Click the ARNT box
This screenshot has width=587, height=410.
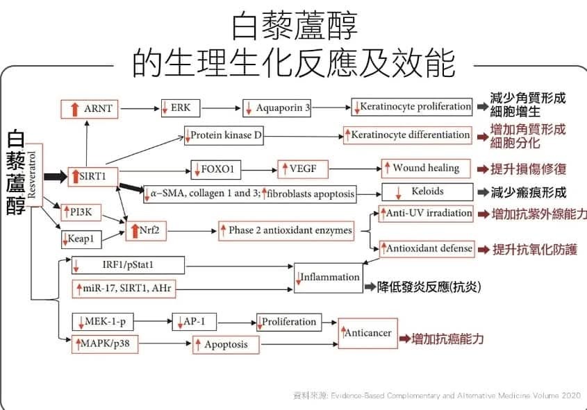90,109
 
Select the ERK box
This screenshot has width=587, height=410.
181,108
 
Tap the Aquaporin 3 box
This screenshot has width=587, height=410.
276,108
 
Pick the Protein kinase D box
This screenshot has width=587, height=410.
224,135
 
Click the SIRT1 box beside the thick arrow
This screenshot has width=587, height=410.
93,176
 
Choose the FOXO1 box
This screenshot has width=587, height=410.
215,170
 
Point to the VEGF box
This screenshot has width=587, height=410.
303,169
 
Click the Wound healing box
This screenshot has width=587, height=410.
426,168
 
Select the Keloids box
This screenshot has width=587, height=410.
427,192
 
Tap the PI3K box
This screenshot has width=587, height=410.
81,213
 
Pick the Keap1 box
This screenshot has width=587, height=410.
81,239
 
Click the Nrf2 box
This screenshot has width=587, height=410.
146,231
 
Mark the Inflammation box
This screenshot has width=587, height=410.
329,278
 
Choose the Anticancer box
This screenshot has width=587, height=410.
367,334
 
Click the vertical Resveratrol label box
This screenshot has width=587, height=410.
34,175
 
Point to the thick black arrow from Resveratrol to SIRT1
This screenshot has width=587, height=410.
56,176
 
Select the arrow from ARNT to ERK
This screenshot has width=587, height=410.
140,109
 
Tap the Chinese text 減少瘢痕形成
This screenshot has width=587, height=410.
528,192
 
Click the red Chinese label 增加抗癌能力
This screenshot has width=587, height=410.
447,339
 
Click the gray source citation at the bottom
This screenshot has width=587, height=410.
437,395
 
